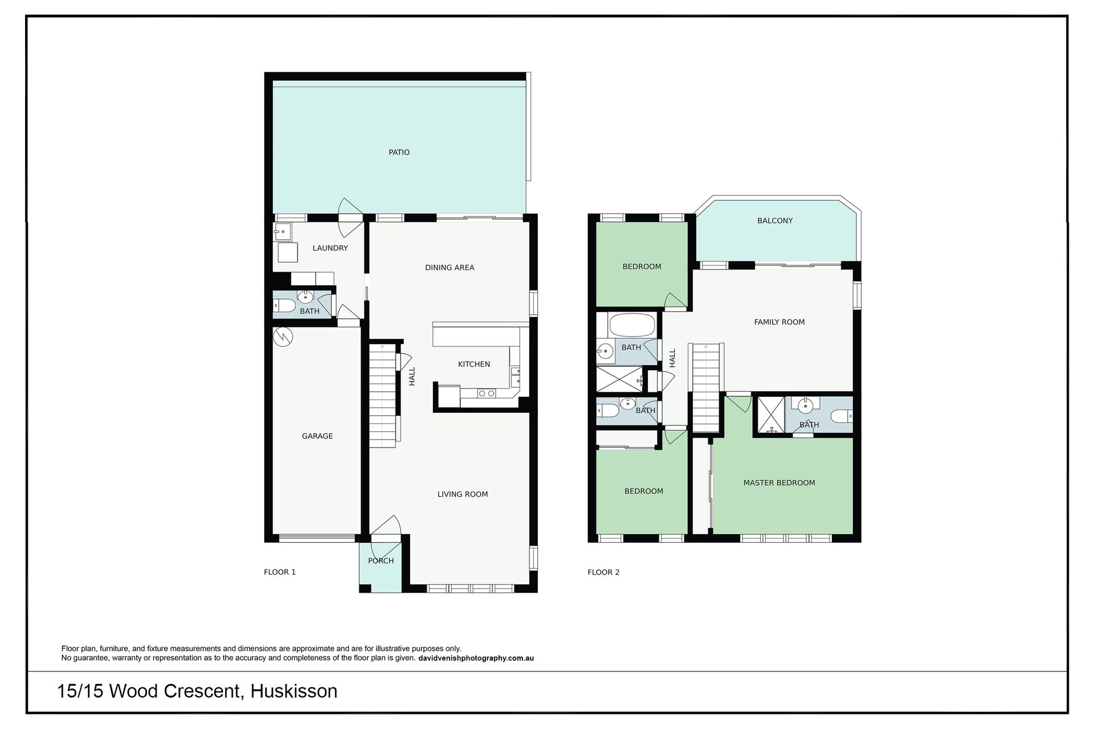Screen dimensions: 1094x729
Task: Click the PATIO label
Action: [399, 152]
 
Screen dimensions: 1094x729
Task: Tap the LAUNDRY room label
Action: [330, 248]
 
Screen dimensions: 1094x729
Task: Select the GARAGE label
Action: [317, 436]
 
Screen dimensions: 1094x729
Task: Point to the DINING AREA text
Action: [450, 268]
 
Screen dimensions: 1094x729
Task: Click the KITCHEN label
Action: [474, 364]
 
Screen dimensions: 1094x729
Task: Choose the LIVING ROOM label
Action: [463, 494]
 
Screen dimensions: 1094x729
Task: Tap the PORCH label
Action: [381, 561]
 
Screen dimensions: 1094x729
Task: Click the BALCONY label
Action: [775, 221]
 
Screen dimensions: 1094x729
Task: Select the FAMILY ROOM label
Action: [779, 322]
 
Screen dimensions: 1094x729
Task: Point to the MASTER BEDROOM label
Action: [779, 483]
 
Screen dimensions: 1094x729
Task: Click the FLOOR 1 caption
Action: [280, 572]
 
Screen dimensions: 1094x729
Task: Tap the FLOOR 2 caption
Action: [603, 572]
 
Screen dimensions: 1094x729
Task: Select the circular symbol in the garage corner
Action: [282, 337]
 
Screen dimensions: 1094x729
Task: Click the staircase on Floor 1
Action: [382, 396]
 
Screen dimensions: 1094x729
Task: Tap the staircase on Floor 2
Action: [707, 388]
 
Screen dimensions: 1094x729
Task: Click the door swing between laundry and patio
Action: [350, 218]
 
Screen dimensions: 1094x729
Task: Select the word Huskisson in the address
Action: [294, 691]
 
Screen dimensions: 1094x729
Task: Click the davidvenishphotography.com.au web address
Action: [476, 658]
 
